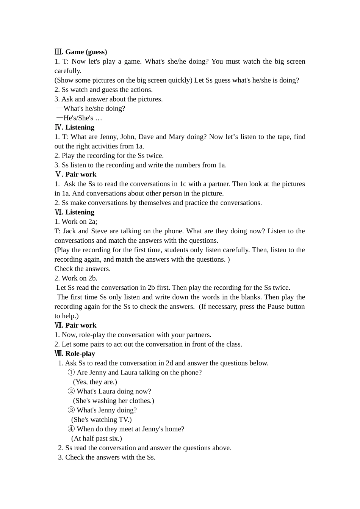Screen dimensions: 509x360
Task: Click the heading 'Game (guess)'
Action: [x=86, y=52]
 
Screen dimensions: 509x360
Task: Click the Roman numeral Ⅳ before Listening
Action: [x=58, y=127]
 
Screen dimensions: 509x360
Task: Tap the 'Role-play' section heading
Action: [x=80, y=353]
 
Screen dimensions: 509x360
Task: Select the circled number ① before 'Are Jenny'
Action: [x=71, y=372]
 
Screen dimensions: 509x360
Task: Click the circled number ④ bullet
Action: [x=71, y=429]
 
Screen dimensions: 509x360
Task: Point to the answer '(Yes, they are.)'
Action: [x=95, y=382]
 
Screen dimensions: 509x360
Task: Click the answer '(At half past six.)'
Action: [x=97, y=438]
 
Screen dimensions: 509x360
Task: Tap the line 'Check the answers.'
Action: [x=83, y=269]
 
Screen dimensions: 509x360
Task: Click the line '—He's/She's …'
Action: [x=79, y=118]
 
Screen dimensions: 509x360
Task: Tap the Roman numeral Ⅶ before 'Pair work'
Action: [x=59, y=325]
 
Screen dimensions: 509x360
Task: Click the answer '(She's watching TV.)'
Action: [x=102, y=419]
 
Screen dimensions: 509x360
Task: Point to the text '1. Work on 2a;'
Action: [x=76, y=222]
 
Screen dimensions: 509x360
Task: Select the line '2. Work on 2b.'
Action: [x=76, y=278]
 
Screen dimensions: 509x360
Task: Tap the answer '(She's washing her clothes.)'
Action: [x=113, y=401]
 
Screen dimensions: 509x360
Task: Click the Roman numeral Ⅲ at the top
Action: [x=58, y=52]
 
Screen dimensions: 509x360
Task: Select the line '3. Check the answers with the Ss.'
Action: [x=106, y=457]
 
